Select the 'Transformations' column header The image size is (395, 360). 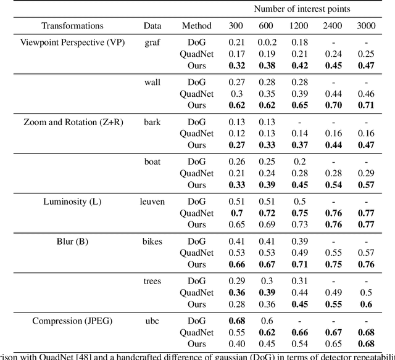tap(72, 26)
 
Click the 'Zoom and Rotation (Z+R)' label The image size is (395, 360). tap(73, 122)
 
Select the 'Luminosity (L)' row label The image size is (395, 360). tap(73, 202)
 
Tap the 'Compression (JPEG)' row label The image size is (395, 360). tap(73, 321)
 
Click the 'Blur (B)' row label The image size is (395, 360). tap(73, 241)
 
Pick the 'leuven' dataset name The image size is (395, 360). tap(152, 202)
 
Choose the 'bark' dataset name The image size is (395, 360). tap(152, 122)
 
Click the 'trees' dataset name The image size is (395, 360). tap(152, 281)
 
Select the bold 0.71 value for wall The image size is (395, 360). tap(365, 105)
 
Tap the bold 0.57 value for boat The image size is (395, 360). tap(365, 185)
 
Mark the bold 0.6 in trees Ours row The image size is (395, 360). tap(365, 304)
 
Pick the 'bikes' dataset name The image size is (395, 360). tap(152, 241)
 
